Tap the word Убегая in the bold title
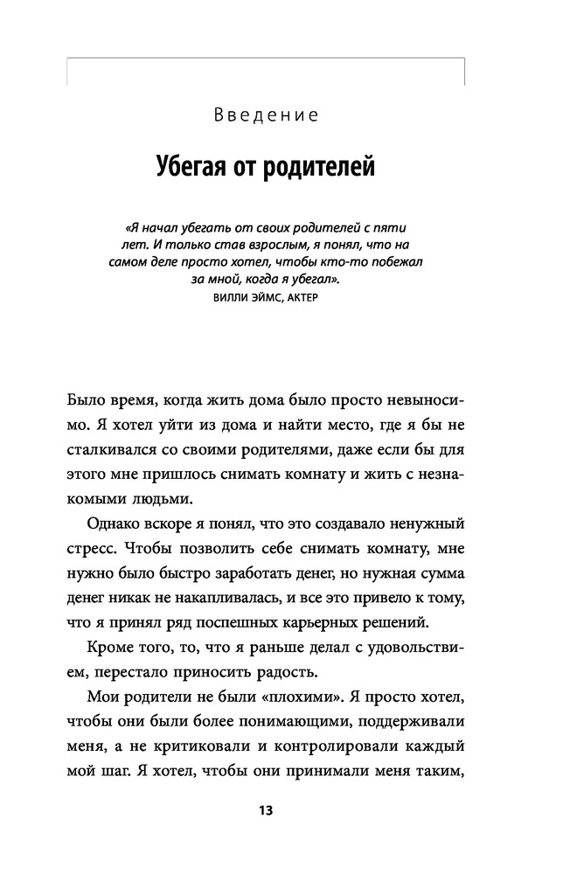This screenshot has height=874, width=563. coord(198,166)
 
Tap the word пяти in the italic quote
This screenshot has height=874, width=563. coord(386,225)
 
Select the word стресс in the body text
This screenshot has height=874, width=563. coord(89,548)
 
